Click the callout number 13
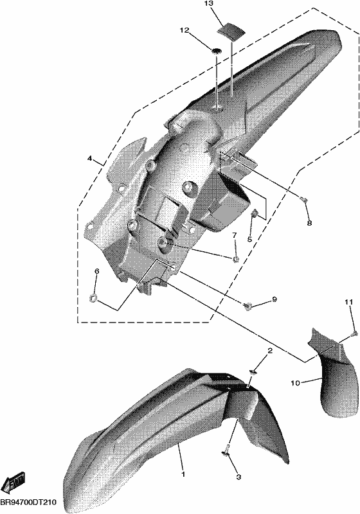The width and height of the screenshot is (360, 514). (208, 4)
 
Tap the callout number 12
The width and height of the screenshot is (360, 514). (184, 30)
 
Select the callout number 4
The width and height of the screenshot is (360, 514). (89, 158)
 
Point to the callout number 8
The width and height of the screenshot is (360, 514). (309, 223)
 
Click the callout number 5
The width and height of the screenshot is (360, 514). (249, 239)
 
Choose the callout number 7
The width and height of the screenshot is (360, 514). (235, 235)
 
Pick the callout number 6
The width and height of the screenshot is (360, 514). (96, 271)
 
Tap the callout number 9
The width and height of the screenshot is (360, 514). (274, 299)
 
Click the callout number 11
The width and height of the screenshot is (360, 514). (349, 302)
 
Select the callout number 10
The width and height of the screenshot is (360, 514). (295, 382)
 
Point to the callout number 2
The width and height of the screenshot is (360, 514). (270, 351)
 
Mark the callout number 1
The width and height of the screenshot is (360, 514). (183, 474)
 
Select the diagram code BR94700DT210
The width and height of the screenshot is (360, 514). (28, 502)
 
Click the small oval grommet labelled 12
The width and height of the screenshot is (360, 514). (216, 51)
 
